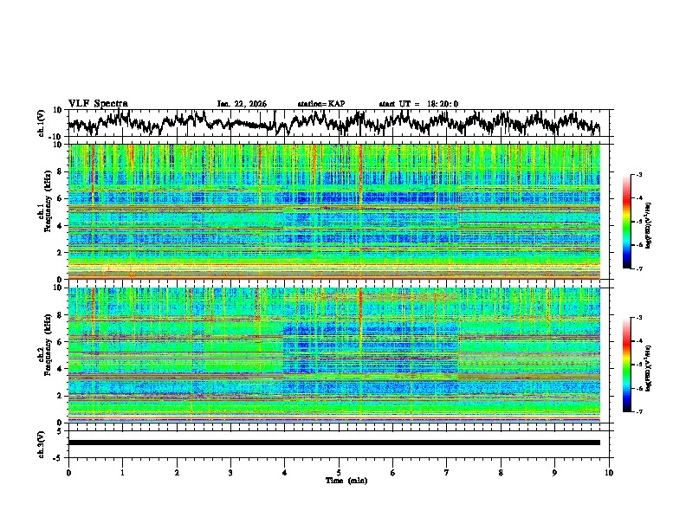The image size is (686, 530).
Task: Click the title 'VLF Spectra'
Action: tap(98, 103)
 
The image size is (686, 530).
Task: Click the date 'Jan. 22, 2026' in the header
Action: tap(242, 104)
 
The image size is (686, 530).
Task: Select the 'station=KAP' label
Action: tap(320, 104)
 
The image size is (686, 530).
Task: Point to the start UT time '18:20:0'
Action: tap(443, 104)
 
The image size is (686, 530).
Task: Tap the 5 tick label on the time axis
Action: tap(339, 472)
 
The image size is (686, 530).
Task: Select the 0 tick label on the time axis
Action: tap(68, 472)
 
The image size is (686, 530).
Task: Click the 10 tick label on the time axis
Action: tap(609, 472)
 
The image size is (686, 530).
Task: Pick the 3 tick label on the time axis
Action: tap(230, 472)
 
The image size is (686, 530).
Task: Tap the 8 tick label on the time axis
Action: tap(501, 472)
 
